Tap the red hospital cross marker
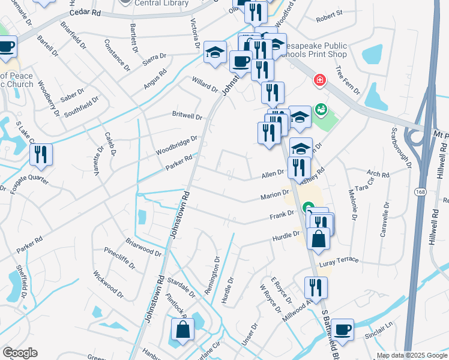(320, 80)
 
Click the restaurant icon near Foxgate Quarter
(41, 154)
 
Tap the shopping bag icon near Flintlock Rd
(182, 330)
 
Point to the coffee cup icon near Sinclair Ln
(342, 329)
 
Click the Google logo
(20, 353)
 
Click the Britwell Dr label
(187, 115)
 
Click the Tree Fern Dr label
(348, 81)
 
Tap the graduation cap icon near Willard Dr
(215, 52)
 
